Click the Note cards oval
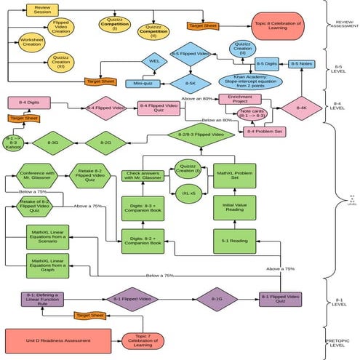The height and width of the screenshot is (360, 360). (x=252, y=113)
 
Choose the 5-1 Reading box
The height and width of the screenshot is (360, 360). (x=233, y=240)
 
